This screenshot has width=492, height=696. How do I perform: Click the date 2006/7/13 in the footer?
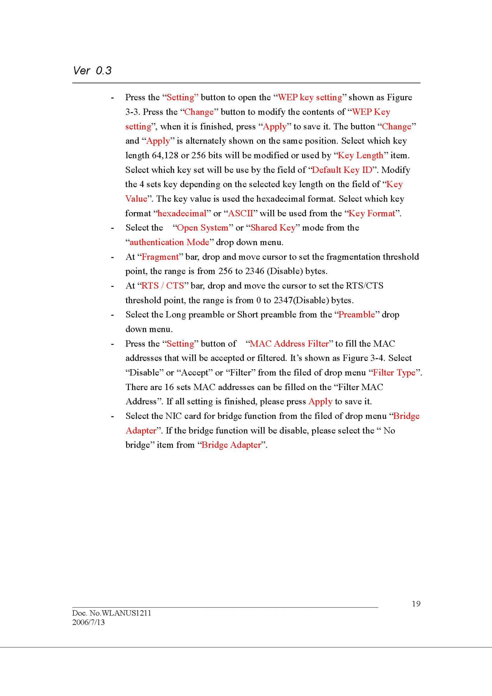click(x=88, y=622)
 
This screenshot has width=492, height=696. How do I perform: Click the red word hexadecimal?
click(x=182, y=213)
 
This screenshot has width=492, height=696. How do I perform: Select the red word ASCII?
click(x=240, y=213)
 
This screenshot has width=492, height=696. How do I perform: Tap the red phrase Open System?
click(x=203, y=228)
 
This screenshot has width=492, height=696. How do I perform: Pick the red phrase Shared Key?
click(x=273, y=228)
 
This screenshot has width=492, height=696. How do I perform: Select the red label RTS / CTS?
click(x=163, y=286)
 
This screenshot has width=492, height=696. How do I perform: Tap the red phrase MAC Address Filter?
click(x=289, y=344)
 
